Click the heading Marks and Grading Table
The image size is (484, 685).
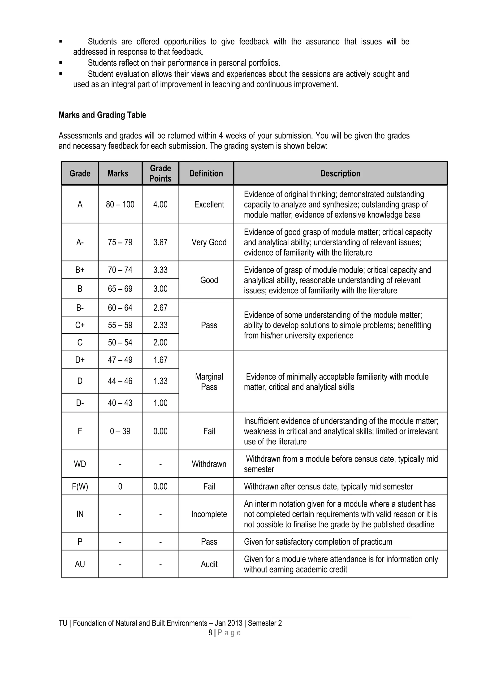pos(102,115)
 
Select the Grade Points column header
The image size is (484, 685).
pos(160,173)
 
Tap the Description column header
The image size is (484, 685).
pos(340,173)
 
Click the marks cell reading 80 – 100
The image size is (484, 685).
pos(120,204)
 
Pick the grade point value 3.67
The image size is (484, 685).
pos(160,242)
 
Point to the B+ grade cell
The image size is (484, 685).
pos(80,270)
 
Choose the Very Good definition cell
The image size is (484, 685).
pos(209,242)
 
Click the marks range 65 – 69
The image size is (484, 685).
pos(120,289)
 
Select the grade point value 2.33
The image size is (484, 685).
pos(160,325)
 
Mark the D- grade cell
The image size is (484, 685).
pos(80,403)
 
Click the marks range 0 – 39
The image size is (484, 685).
pos(120,431)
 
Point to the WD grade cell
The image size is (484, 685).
pos(80,464)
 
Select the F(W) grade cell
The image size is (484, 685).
pos(80,487)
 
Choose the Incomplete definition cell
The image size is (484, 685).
pos(209,514)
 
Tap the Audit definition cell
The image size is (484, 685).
pos(209,564)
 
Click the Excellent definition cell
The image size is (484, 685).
pos(209,204)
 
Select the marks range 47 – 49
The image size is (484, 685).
pos(120,360)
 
